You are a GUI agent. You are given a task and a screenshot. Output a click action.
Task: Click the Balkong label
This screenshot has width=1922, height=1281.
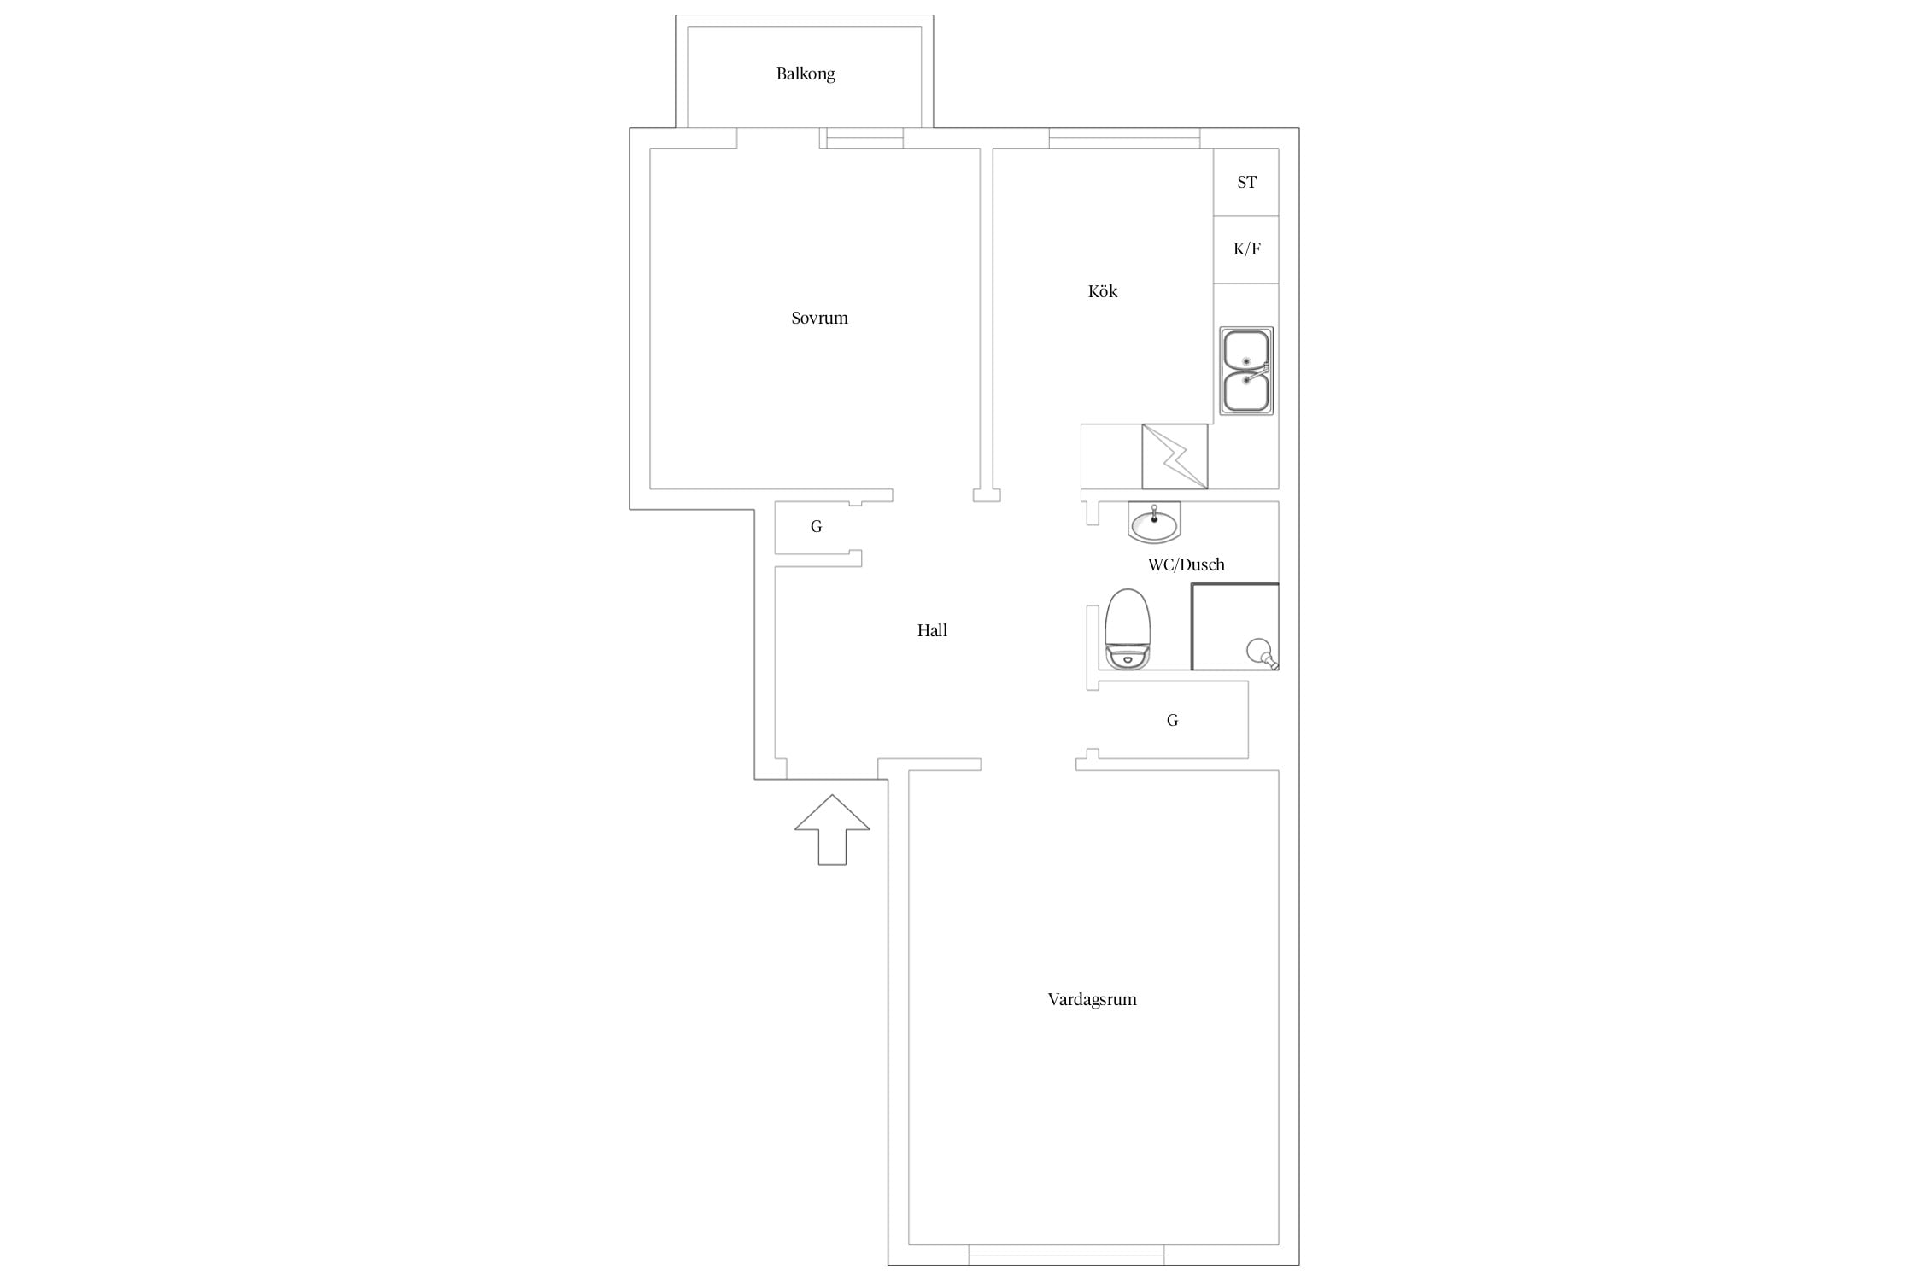pos(806,74)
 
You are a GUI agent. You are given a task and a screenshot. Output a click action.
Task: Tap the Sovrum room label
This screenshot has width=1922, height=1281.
pos(819,318)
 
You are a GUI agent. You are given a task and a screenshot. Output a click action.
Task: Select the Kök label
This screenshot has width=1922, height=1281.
pos(1103,291)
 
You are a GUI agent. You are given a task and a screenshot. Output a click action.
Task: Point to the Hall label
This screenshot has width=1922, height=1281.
pos(932,630)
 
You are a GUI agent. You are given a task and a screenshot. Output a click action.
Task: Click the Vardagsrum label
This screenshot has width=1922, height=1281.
pos(1092,999)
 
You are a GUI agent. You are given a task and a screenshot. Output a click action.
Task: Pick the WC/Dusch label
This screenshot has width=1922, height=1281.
pos(1186,564)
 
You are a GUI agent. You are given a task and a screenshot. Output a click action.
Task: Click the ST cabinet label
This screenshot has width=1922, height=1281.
pos(1246,182)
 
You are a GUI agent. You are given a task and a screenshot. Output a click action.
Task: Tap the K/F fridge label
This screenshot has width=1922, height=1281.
pos(1246,249)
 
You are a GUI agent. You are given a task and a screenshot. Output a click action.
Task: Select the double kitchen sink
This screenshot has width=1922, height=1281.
pos(1246,371)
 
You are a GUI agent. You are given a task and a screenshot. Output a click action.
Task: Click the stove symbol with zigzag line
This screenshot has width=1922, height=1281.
pos(1175,457)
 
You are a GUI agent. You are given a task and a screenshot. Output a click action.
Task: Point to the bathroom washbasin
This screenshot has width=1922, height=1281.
pos(1154,522)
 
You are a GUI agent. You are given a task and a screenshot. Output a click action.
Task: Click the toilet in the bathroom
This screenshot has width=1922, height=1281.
pos(1128,629)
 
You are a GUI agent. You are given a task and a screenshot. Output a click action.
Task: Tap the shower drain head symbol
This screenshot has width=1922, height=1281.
pos(1262,653)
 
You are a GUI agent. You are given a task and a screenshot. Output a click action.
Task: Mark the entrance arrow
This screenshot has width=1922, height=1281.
pos(832,829)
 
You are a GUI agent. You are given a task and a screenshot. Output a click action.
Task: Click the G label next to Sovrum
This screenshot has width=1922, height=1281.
pos(816,527)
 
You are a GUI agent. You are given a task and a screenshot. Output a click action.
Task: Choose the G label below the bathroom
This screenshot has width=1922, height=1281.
pos(1172,721)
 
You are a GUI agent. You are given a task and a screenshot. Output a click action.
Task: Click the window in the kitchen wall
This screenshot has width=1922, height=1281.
pos(1124,138)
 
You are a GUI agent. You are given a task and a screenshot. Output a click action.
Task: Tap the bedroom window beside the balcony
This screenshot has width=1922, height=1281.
pos(864,138)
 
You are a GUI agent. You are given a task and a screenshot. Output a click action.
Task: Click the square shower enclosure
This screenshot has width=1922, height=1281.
pos(1235,627)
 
